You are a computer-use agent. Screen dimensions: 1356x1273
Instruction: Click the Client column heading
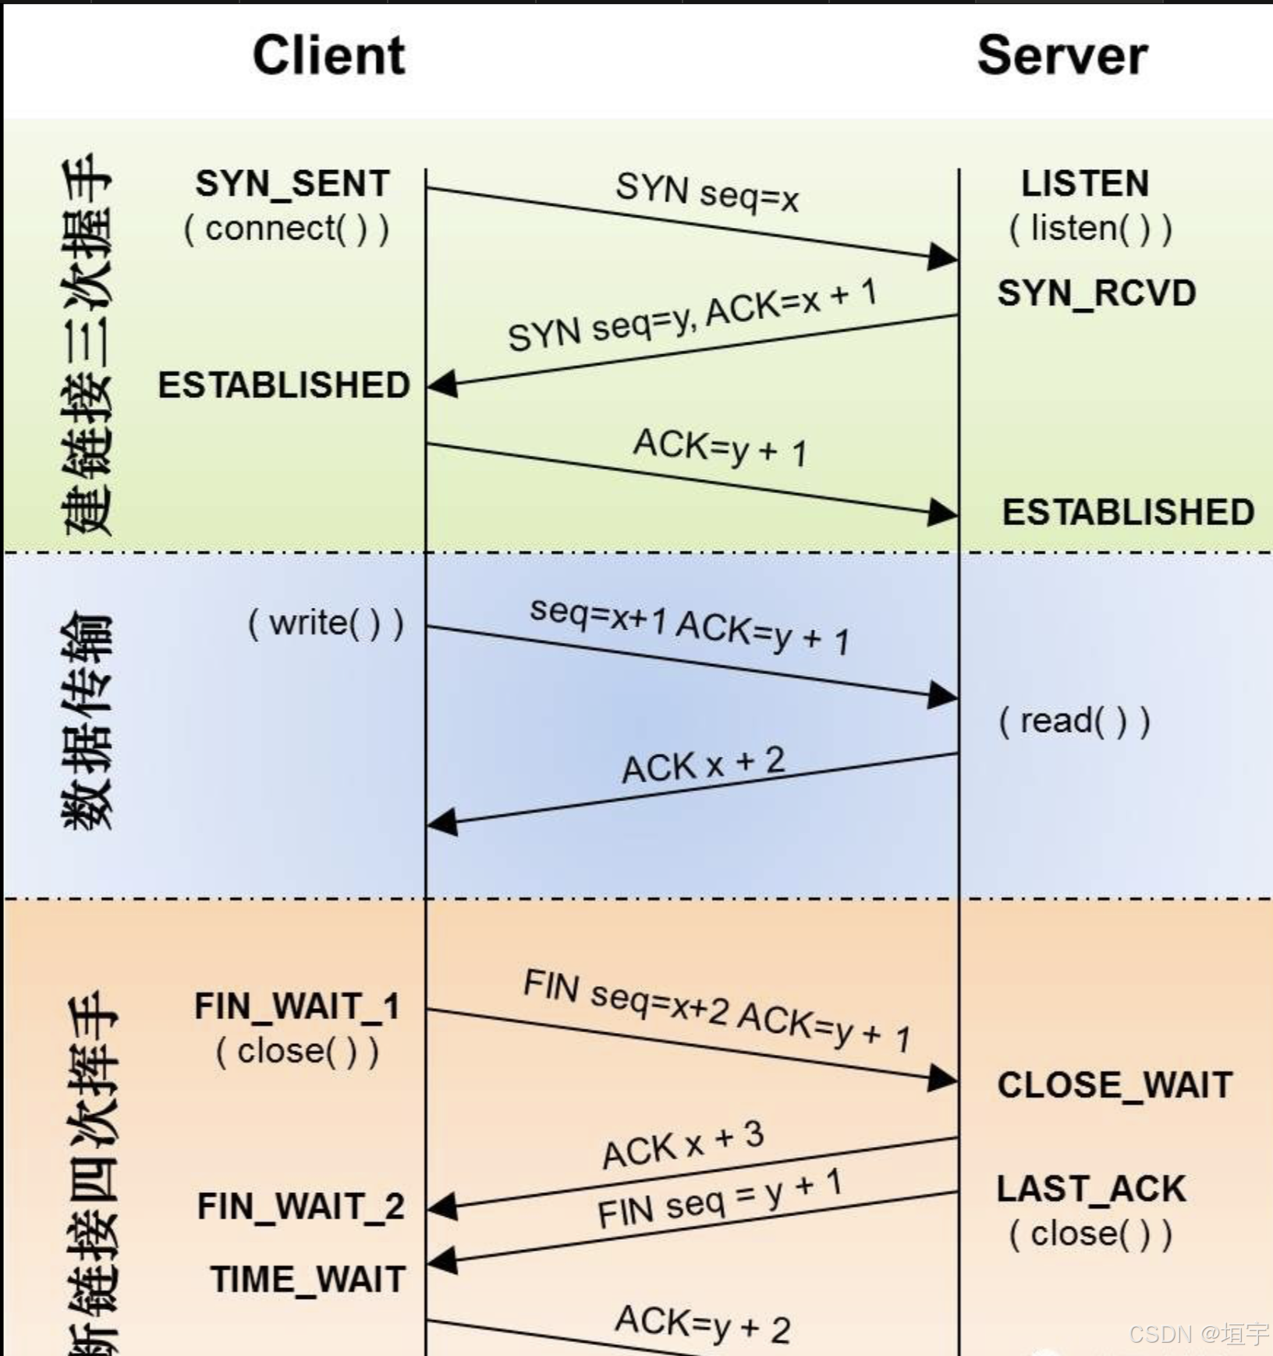[x=328, y=55]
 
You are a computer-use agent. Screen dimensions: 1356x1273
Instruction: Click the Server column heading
[x=1062, y=55]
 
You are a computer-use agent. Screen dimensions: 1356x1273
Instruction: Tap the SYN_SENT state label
[x=293, y=184]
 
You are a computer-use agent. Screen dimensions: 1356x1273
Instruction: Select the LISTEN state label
[x=1085, y=184]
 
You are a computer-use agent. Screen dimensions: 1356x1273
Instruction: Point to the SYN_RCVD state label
[x=1096, y=293]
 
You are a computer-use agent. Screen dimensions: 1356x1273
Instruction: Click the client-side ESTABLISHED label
[x=284, y=385]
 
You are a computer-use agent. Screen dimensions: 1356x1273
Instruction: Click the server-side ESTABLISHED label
[x=1128, y=513]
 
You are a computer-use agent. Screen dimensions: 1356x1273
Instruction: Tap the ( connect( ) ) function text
[x=286, y=229]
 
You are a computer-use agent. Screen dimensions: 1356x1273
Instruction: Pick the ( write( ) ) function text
[x=326, y=623]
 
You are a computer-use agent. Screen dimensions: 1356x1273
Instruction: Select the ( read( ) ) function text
[x=1074, y=721]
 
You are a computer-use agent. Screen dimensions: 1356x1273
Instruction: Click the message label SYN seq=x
[x=707, y=193]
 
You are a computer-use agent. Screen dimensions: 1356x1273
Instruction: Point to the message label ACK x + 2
[x=703, y=765]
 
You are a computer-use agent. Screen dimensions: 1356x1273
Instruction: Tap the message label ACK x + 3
[x=683, y=1145]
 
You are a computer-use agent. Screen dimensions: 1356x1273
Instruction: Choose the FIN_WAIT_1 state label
[x=297, y=1006]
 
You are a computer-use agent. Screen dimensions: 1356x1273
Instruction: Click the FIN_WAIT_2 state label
[x=300, y=1206]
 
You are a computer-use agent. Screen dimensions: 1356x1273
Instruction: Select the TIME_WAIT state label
[x=307, y=1280]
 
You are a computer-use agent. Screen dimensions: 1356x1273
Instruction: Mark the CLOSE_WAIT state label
[x=1115, y=1085]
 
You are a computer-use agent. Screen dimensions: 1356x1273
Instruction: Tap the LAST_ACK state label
[x=1091, y=1189]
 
